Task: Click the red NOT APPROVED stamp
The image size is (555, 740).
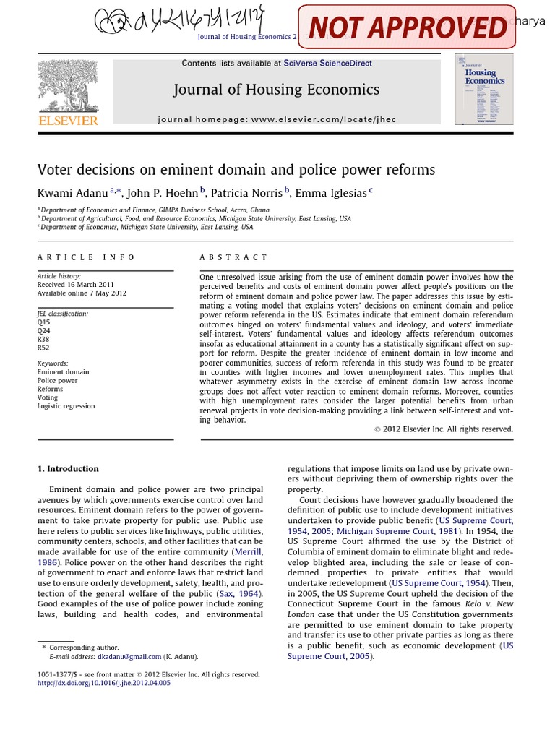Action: coord(409,27)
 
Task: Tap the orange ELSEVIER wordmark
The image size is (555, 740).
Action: coord(67,121)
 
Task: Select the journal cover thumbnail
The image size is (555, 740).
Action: coord(484,89)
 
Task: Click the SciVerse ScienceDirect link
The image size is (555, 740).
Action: coord(328,64)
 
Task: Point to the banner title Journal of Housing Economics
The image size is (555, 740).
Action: coord(276,90)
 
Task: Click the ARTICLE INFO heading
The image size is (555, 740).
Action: coord(87,257)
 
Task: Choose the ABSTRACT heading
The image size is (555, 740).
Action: coord(233,257)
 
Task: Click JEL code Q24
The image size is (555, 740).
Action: coord(44,330)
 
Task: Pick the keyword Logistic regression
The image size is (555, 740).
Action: coord(66,406)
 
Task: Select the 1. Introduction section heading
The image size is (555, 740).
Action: coord(68,469)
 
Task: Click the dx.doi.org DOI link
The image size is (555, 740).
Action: coord(104,683)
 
